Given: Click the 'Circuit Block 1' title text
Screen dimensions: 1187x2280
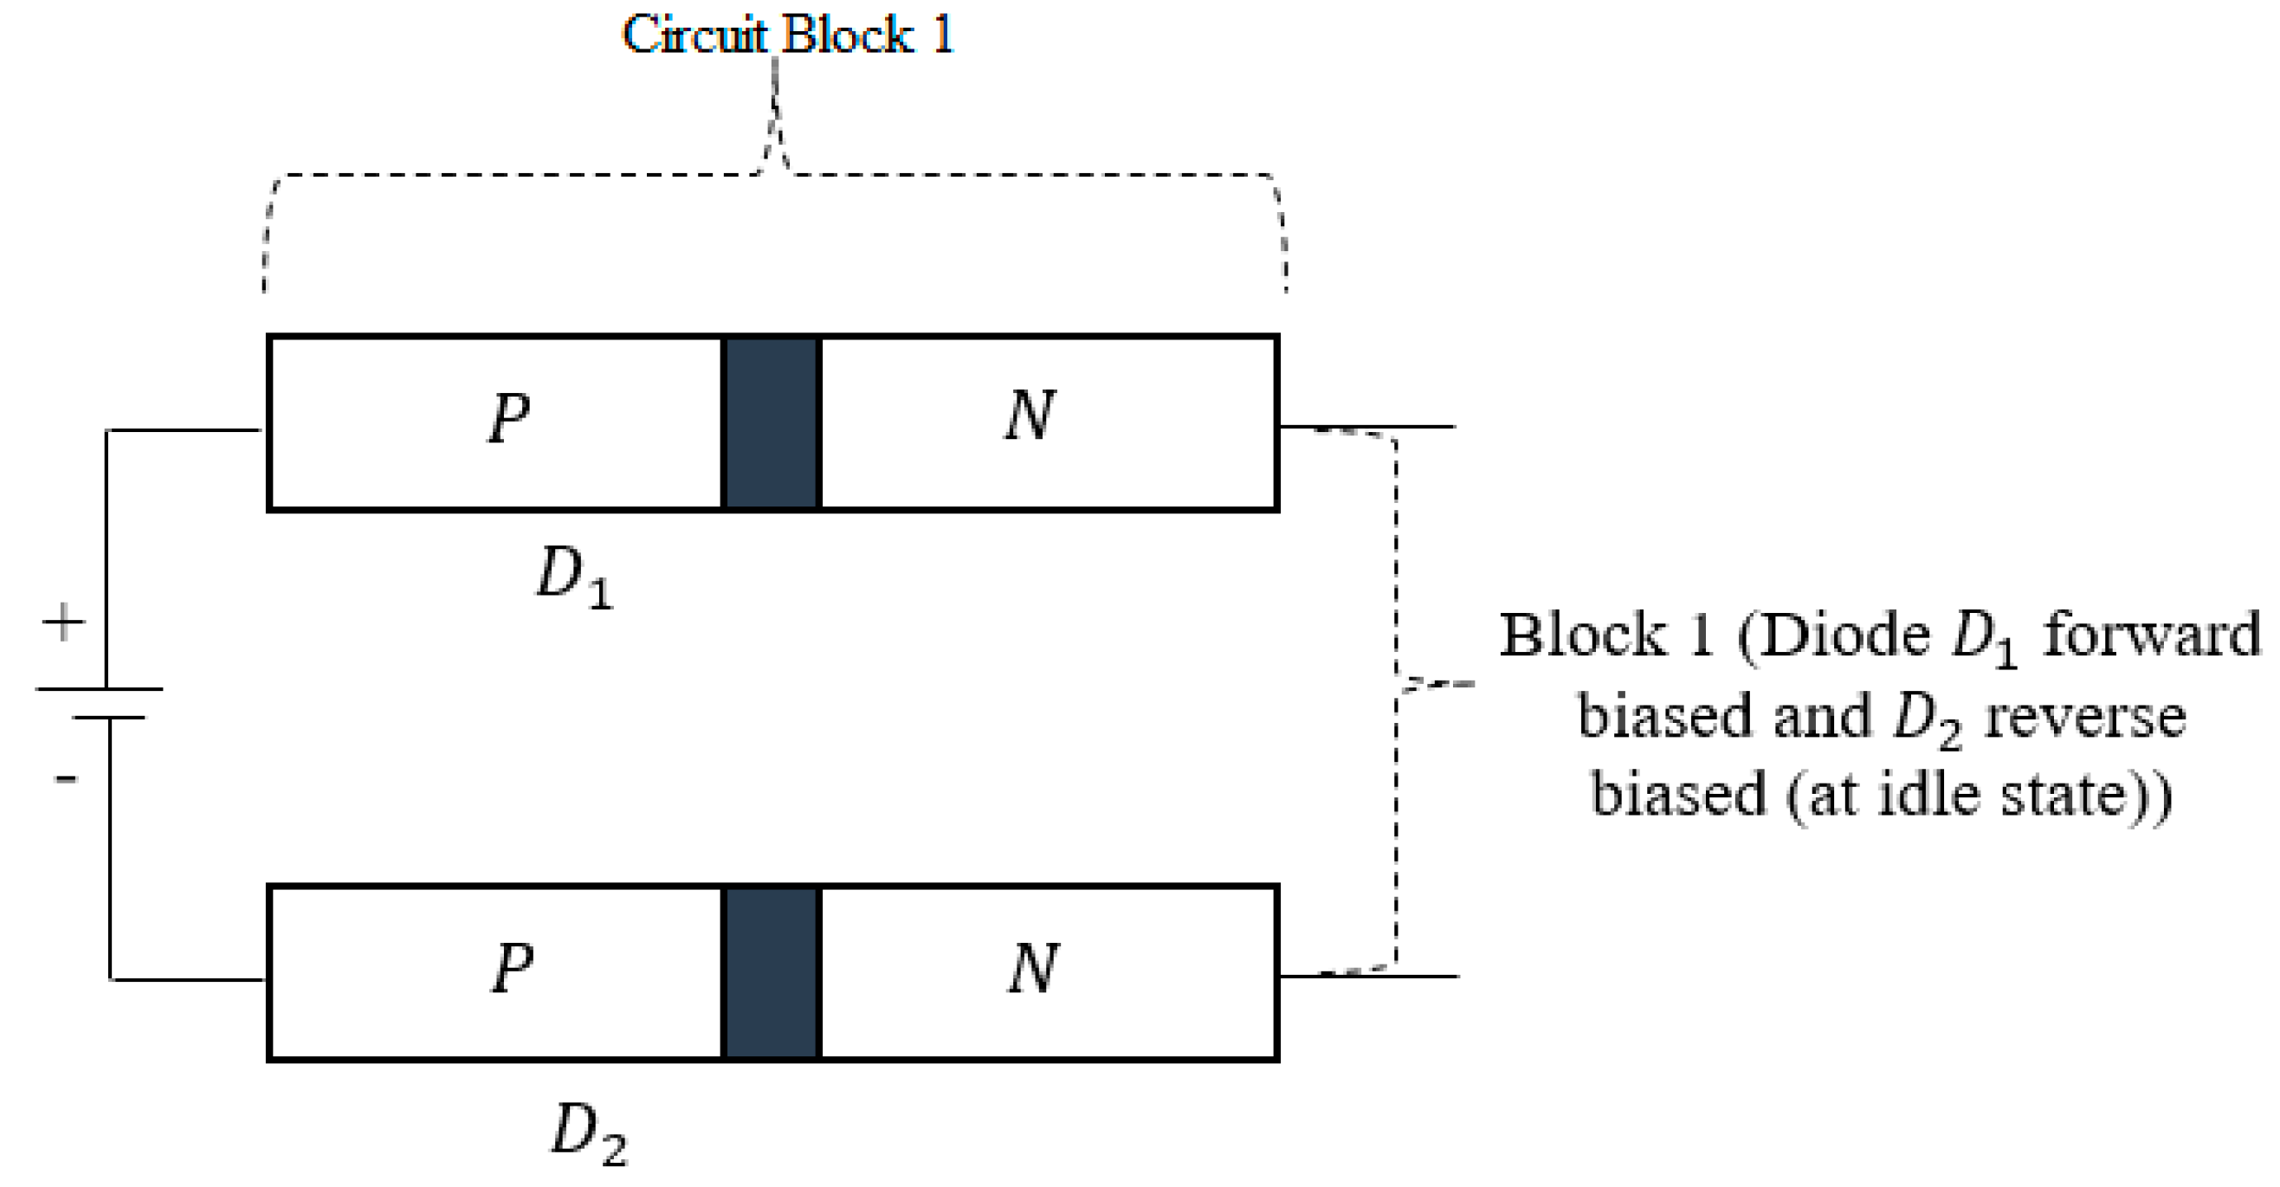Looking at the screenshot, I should (x=787, y=35).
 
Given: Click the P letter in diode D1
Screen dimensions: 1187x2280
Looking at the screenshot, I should (x=509, y=417).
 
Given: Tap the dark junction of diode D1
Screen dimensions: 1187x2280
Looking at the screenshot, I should (x=772, y=423).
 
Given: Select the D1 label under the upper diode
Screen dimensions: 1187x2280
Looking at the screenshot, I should (x=574, y=577).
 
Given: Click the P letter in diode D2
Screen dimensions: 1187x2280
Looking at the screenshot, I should (x=513, y=967).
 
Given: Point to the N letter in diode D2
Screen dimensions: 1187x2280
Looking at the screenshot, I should (x=1033, y=967).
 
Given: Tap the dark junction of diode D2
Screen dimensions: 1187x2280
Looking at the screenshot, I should (x=772, y=972).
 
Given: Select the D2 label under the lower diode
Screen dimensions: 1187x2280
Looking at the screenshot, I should (x=589, y=1132).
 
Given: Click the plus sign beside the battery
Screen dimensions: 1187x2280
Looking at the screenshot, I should (x=63, y=623).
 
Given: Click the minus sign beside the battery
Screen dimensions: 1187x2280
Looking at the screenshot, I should (x=66, y=779).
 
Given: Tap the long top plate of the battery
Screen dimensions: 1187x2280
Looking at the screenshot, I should (x=99, y=688).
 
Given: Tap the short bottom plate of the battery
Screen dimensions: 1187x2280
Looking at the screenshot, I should (x=108, y=717).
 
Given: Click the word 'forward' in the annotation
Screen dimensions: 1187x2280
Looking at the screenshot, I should (x=2151, y=635).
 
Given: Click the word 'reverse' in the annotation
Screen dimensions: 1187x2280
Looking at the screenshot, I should (x=2084, y=716).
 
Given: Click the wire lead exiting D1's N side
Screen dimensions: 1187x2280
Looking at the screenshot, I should (x=1367, y=428).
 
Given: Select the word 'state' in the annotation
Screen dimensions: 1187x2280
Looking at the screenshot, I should (x=2075, y=794).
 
